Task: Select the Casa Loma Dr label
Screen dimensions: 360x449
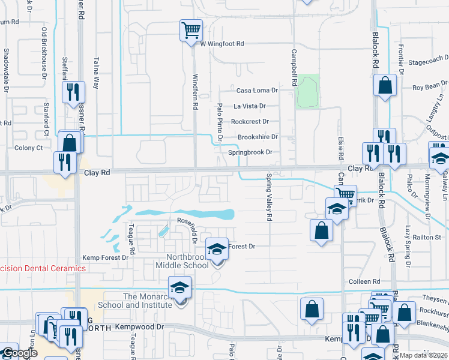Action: pos(257,91)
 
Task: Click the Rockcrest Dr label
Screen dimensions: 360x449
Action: pos(255,121)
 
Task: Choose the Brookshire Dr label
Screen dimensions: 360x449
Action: pos(258,137)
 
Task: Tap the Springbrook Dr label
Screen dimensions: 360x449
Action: pos(250,152)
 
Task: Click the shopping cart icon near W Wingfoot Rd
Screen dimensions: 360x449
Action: pos(191,29)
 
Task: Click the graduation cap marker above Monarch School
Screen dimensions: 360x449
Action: pos(179,287)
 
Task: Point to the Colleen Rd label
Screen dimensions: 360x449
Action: pos(364,281)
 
